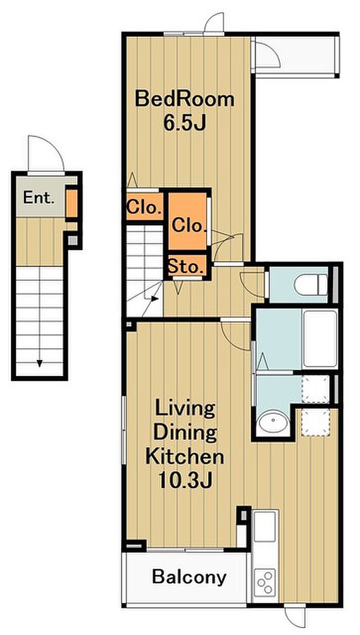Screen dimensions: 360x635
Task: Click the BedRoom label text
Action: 185,99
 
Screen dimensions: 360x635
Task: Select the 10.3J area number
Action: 185,480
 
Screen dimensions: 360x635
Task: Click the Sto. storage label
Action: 186,267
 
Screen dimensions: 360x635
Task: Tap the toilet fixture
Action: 311,284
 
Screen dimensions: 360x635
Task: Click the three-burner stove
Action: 265,579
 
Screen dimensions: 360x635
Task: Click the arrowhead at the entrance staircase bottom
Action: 40,363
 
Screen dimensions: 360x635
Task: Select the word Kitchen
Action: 185,455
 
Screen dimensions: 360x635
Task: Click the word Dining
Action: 185,432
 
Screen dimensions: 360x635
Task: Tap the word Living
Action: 185,409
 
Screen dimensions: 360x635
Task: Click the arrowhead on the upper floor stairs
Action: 154,298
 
